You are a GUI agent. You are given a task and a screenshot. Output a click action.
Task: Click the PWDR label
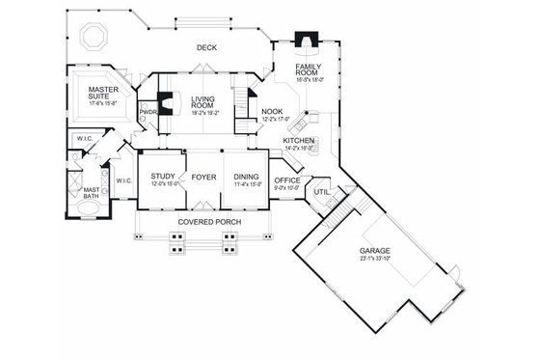[x=148, y=111]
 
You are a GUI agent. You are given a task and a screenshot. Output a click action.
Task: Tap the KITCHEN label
[x=299, y=141]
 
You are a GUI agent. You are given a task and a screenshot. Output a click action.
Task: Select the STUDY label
[x=162, y=177]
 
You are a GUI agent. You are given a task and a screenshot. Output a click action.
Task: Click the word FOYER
[x=203, y=177]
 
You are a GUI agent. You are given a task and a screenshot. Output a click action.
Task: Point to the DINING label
[x=245, y=177]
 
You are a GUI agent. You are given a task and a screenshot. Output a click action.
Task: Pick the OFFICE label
[x=286, y=180]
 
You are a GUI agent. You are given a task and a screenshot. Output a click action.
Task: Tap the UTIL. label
[x=322, y=193]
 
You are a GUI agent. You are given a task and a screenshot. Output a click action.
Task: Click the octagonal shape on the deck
[x=96, y=37]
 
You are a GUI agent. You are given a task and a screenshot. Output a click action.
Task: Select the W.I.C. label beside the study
[x=123, y=180]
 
